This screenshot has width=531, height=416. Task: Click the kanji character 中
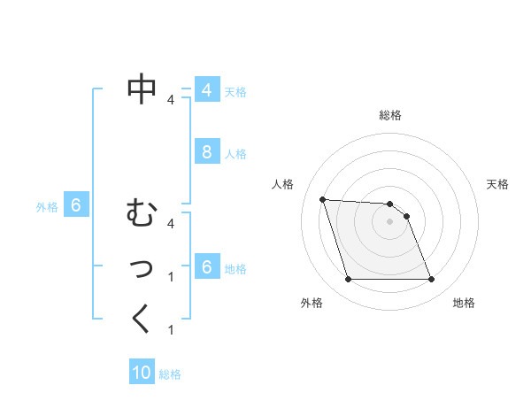click(x=142, y=88)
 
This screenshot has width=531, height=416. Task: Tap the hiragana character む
click(x=142, y=213)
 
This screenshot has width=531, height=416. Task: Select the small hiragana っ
click(x=142, y=268)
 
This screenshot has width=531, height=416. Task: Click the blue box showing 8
click(x=206, y=152)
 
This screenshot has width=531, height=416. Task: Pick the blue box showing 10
click(x=142, y=373)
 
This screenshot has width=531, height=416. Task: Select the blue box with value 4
click(x=206, y=90)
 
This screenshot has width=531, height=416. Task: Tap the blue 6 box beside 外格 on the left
click(x=76, y=206)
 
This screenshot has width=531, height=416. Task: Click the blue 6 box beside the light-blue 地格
click(x=206, y=267)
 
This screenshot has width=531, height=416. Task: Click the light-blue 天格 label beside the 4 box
click(x=235, y=91)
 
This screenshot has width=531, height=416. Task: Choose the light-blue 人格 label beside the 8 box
click(x=235, y=154)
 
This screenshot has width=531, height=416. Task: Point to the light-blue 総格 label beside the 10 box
click(x=170, y=374)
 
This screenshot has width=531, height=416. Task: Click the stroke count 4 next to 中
click(x=171, y=100)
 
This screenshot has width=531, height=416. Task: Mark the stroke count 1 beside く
click(x=171, y=330)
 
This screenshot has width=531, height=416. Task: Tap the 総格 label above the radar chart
click(x=389, y=115)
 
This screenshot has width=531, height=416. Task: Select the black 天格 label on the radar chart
click(x=497, y=184)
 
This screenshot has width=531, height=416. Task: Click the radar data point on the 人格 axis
click(x=322, y=199)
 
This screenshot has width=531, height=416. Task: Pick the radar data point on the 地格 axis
click(x=431, y=280)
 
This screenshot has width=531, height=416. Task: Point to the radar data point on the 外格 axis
click(x=348, y=280)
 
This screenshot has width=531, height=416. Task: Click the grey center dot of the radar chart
click(x=389, y=221)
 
